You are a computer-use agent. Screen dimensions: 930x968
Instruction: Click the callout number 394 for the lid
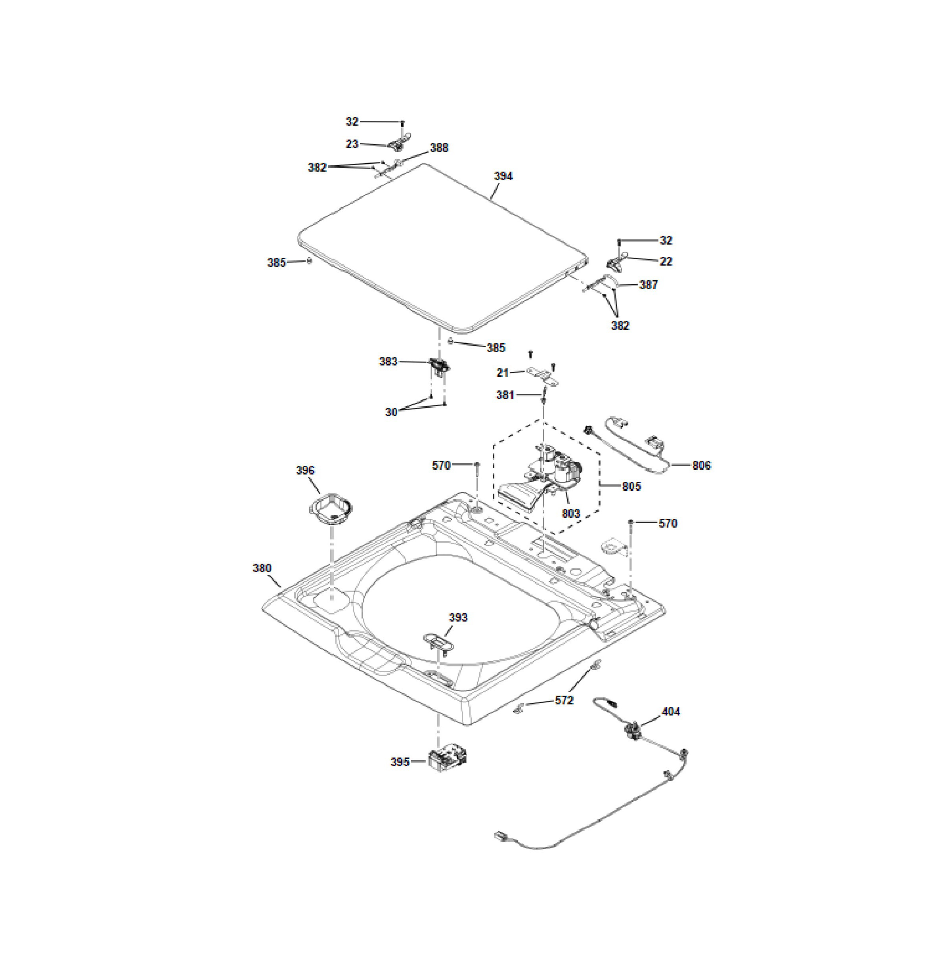[x=503, y=176]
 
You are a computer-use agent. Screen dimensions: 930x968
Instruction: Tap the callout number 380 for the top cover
[x=262, y=568]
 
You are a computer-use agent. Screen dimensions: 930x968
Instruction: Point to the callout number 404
[x=671, y=712]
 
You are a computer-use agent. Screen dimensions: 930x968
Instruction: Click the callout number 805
[x=631, y=486]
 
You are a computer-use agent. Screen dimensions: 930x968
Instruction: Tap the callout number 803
[x=571, y=514]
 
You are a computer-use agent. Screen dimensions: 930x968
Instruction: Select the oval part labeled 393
[x=438, y=641]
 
